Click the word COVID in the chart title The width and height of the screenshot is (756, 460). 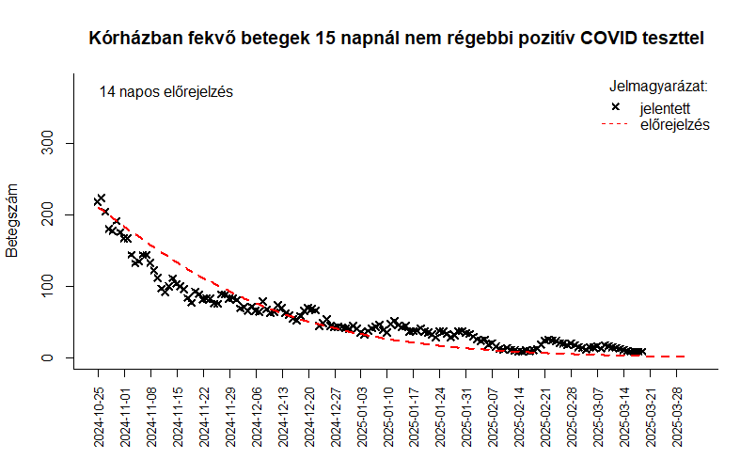[608, 38]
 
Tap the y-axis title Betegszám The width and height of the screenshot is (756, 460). [11, 220]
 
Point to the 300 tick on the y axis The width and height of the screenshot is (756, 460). [47, 143]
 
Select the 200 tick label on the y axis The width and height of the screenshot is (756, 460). [47, 214]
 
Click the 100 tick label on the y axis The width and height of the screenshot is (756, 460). [47, 286]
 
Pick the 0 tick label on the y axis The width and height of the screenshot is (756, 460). [47, 357]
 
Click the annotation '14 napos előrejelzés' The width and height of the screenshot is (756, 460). [165, 91]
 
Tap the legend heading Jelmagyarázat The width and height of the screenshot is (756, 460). [658, 87]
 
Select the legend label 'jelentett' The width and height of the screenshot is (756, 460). [665, 108]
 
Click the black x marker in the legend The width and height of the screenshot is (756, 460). [615, 106]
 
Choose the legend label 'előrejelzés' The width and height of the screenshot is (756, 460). [675, 124]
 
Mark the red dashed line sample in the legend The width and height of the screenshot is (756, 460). [615, 124]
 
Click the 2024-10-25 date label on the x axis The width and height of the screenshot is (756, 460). [99, 417]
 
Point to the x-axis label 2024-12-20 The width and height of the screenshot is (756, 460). [308, 417]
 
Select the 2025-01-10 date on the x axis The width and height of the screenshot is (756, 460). [387, 417]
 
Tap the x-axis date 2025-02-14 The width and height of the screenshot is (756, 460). [519, 417]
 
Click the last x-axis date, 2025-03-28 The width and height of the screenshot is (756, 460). [676, 417]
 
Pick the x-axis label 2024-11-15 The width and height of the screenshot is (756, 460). [177, 417]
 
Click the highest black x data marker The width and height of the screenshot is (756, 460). [102, 198]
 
